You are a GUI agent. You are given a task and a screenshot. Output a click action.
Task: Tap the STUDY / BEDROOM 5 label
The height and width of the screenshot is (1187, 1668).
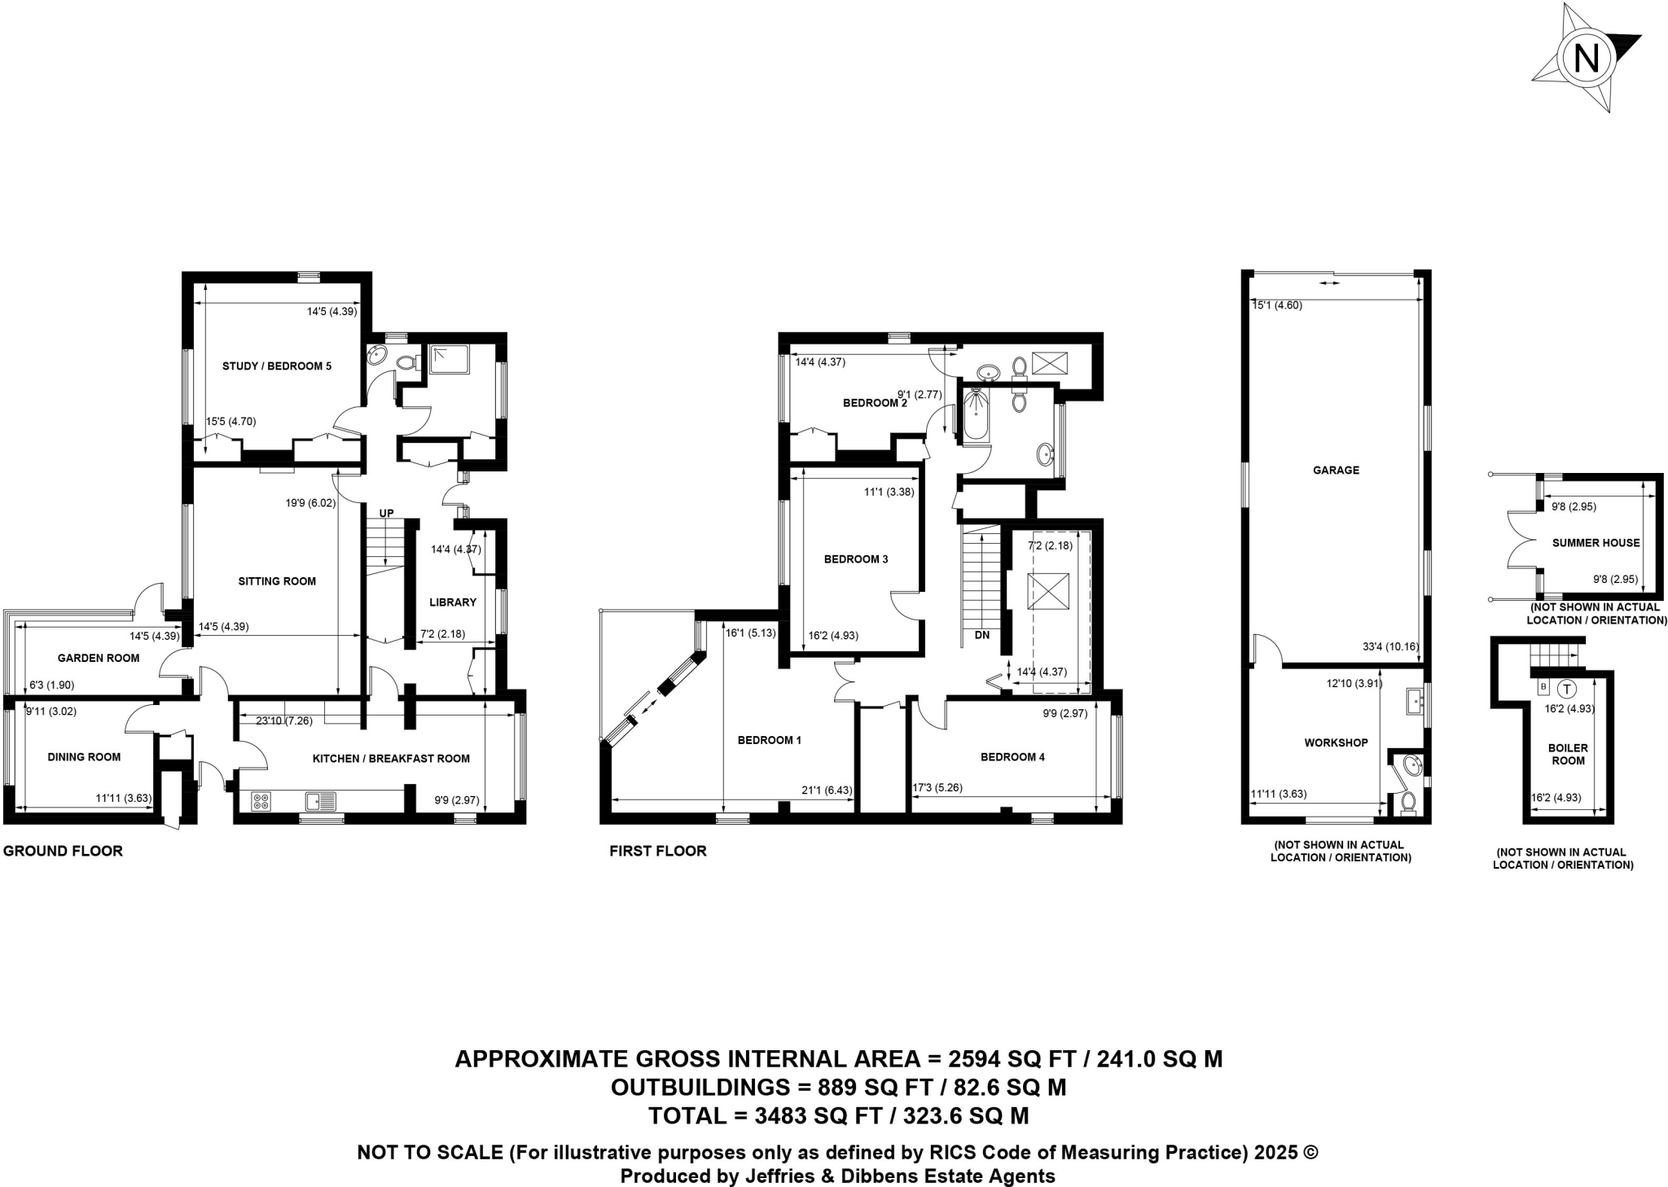tap(277, 366)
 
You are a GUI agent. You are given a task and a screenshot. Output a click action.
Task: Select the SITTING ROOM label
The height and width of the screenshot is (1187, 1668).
tap(277, 581)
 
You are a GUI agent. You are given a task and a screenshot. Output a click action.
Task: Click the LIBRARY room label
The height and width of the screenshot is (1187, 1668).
tap(453, 602)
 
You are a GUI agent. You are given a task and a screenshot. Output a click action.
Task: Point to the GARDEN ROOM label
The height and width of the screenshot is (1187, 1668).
tap(99, 658)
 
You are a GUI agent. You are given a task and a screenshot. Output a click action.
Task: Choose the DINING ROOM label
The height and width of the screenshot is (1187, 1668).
tap(84, 757)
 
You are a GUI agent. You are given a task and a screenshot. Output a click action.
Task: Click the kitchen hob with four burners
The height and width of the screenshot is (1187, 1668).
tap(262, 801)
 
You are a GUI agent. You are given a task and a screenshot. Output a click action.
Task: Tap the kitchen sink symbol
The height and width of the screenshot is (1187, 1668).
tap(321, 802)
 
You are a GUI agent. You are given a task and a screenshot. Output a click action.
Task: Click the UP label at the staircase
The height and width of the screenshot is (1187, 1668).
tap(386, 514)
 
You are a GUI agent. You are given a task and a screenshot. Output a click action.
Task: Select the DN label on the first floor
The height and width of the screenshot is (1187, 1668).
tap(982, 635)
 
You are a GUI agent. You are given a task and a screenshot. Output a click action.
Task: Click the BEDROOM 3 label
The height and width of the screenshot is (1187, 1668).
tap(856, 559)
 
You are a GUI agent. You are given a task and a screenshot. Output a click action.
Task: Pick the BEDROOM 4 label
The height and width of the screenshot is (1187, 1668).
tap(1012, 757)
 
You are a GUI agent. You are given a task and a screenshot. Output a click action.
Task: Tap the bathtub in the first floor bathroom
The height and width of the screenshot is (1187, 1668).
tap(976, 416)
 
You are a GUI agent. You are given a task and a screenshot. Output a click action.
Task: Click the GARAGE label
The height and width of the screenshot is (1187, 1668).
tap(1336, 470)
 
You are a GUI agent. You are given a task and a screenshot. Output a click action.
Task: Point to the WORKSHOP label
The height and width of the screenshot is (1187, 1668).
tap(1336, 742)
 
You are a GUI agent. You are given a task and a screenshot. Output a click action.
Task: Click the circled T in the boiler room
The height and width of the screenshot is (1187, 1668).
tap(1567, 688)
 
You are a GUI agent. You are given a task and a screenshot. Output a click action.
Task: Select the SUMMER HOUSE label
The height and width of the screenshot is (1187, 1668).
tap(1596, 543)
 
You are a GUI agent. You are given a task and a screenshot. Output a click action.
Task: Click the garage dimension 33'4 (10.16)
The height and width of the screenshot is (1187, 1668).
tap(1390, 647)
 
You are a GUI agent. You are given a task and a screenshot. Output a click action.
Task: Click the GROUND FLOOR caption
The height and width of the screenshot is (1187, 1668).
tap(63, 851)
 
